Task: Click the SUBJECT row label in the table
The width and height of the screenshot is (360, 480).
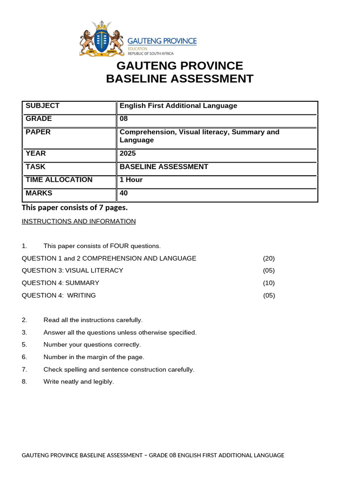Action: point(43,106)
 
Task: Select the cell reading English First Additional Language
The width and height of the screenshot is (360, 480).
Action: point(178,106)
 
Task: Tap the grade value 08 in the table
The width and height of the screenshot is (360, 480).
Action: point(124,119)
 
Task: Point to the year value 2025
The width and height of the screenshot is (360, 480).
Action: point(127,153)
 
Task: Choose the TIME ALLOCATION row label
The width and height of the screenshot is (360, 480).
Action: point(59,180)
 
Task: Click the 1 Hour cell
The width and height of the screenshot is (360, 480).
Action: point(131,180)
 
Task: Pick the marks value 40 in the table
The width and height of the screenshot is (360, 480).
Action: point(124,193)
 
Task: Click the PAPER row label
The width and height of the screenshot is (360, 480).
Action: point(38,132)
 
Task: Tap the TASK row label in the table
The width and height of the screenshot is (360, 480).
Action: point(36,166)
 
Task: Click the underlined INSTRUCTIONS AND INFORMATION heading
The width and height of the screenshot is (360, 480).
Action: point(79,221)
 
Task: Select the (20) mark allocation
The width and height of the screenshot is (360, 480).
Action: point(269,258)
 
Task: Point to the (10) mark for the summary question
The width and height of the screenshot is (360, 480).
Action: point(269,283)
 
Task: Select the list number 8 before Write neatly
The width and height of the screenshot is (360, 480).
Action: point(24,382)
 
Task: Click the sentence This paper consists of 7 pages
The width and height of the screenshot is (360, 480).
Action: point(75,208)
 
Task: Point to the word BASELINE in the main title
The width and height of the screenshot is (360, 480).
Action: point(138,79)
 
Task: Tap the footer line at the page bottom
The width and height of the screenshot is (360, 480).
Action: point(153,455)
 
